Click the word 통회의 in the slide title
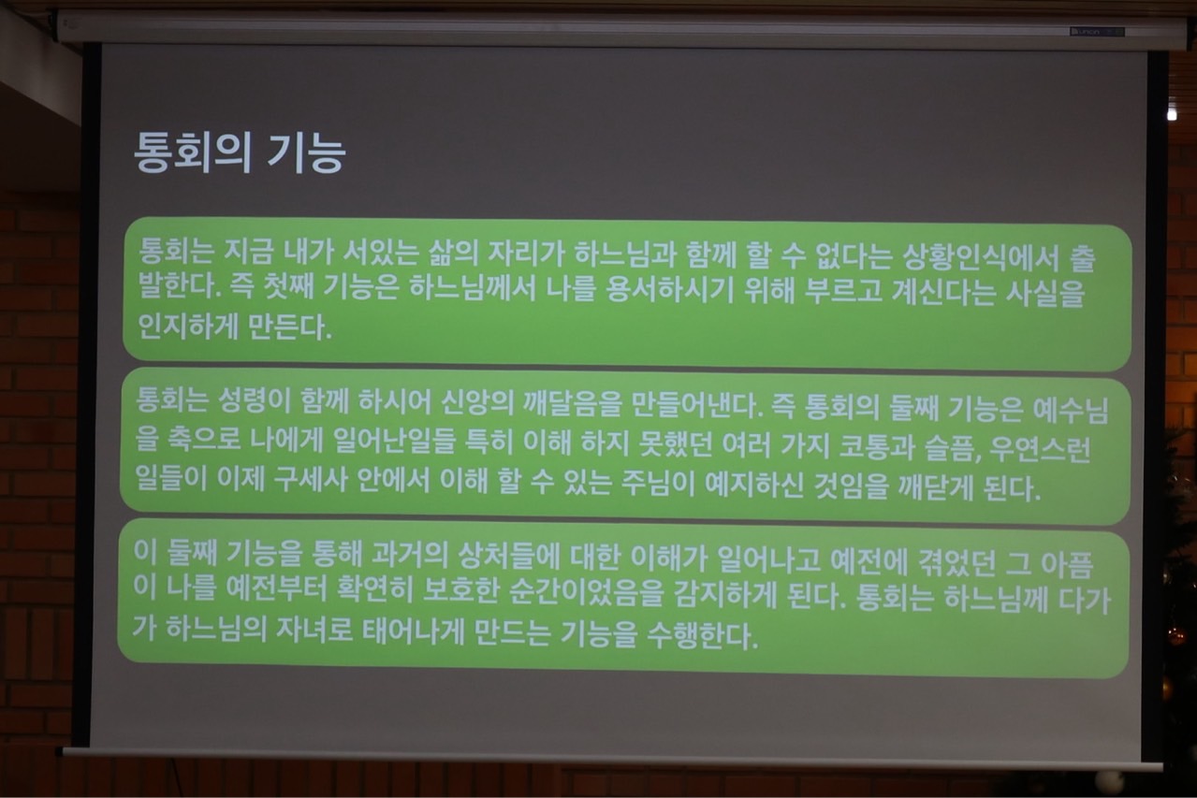191,153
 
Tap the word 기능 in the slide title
306,153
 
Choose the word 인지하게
187,326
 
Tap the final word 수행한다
703,634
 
